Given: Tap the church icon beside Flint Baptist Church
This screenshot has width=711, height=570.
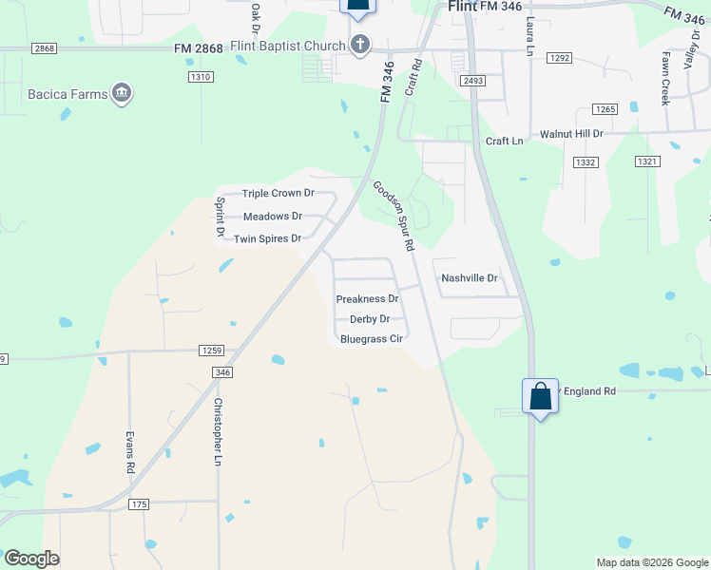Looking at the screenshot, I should (360, 44).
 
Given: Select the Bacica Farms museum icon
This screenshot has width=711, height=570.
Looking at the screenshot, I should (122, 93).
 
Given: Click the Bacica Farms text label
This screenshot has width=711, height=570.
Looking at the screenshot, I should (67, 94).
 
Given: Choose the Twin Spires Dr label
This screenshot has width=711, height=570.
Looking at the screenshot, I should (267, 238).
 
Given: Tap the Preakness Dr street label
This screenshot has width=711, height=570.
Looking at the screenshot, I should (367, 299).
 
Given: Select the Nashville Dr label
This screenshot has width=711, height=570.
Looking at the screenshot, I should (470, 278).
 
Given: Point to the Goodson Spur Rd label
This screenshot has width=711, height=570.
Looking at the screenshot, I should (394, 217).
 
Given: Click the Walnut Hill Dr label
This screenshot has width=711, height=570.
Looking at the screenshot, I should (572, 135).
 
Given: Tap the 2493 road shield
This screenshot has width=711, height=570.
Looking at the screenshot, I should (473, 81).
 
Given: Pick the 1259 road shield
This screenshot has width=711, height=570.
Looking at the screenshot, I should (212, 351).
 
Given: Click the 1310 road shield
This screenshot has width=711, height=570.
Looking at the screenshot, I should (200, 77).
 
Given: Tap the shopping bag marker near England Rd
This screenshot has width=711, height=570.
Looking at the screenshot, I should (540, 397).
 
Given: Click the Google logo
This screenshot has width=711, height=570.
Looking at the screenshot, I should (32, 559).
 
